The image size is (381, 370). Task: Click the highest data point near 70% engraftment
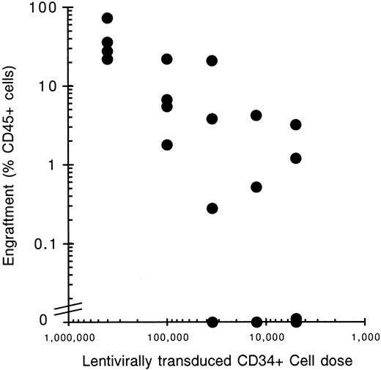tap(107, 18)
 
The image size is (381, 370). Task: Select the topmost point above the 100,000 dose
tap(167, 59)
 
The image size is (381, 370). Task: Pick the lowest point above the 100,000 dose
tap(167, 145)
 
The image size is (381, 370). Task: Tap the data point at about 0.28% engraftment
tap(212, 208)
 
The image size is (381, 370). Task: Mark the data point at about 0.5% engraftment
tap(256, 187)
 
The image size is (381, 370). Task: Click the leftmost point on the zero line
tap(212, 322)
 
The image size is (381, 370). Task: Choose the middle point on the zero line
tap(256, 322)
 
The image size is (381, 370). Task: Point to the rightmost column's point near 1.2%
tap(296, 158)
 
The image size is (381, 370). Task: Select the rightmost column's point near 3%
tap(296, 125)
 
